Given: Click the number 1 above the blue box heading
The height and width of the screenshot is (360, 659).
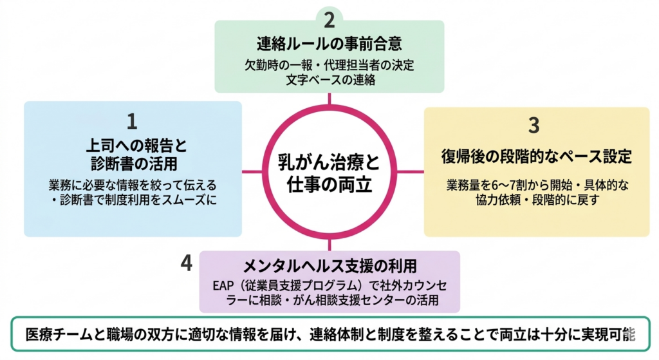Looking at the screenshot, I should (132, 120).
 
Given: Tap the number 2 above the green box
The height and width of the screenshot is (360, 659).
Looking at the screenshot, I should (329, 19).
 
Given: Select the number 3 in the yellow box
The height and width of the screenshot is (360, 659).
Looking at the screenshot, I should (534, 125).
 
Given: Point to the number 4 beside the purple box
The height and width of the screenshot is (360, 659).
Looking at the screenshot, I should (187, 263).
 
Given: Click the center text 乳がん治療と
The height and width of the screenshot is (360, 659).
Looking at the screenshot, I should (329, 160).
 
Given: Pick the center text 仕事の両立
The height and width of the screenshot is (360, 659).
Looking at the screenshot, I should (329, 184).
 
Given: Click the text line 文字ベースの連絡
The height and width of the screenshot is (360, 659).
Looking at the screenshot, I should (329, 81).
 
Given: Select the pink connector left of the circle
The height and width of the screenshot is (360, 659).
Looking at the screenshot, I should (252, 172).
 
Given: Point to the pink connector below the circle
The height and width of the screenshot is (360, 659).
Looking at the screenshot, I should (329, 245).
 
